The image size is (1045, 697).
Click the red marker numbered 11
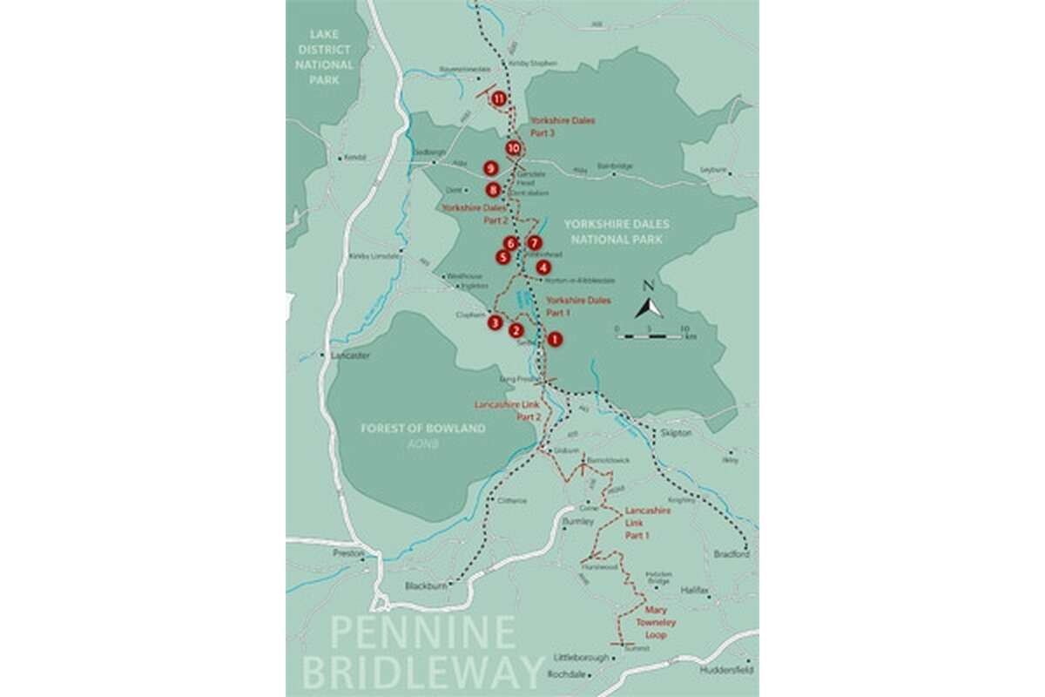(x=498, y=98)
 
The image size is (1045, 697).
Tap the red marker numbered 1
(x=554, y=340)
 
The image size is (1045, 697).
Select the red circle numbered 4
(x=543, y=267)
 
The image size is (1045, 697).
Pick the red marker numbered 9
(x=490, y=168)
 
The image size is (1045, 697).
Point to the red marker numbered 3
(x=495, y=323)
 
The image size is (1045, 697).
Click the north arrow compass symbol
(x=648, y=307)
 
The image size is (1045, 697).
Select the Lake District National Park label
(x=325, y=58)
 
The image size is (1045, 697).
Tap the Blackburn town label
(x=426, y=586)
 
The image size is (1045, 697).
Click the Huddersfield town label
(x=725, y=671)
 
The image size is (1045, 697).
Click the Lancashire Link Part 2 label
(x=509, y=411)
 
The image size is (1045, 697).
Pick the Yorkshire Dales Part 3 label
(x=563, y=127)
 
